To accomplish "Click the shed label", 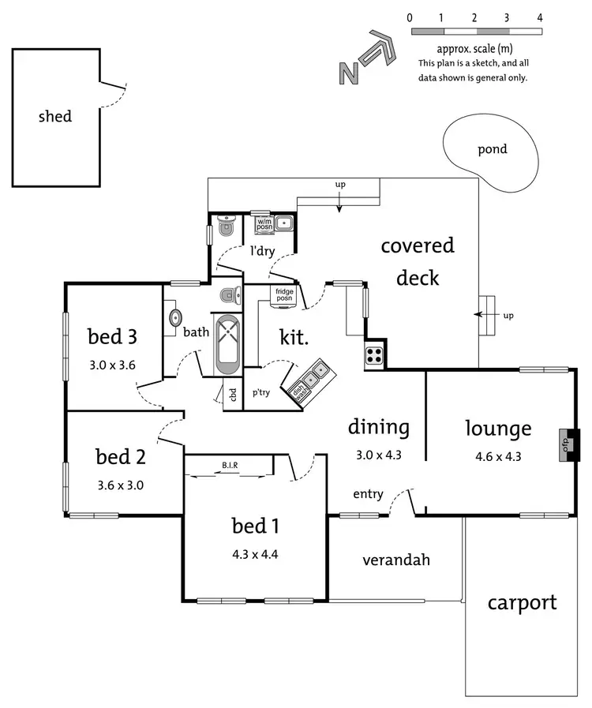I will (55, 117).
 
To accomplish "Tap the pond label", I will (493, 148).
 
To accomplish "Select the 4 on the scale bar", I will (540, 17).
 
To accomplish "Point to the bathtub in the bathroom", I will (228, 345).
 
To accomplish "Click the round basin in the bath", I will (174, 317).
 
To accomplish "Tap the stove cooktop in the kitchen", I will (374, 356).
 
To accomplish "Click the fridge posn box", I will (284, 295).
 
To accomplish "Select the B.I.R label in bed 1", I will (230, 466).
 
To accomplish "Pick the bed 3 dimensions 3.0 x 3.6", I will (112, 365).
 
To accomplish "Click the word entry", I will (368, 494).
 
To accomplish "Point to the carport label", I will (522, 602).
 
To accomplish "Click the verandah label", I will (396, 560).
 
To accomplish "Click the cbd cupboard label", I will (233, 393).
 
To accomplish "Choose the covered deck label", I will (418, 261).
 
